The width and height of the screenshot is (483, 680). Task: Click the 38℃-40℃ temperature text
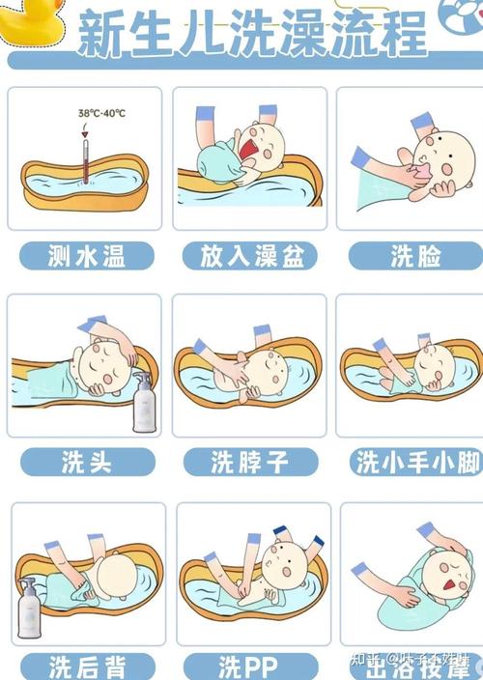[101, 113]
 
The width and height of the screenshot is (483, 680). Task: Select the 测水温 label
[86, 255]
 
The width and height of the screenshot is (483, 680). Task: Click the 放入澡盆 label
[250, 255]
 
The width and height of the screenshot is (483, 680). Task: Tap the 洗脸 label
[415, 255]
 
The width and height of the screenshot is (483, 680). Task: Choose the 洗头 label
[86, 462]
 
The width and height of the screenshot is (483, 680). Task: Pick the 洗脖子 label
[250, 462]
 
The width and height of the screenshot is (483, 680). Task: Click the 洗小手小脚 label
[416, 462]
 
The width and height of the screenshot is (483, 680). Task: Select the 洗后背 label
[86, 666]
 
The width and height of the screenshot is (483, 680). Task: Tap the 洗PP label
[250, 666]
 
